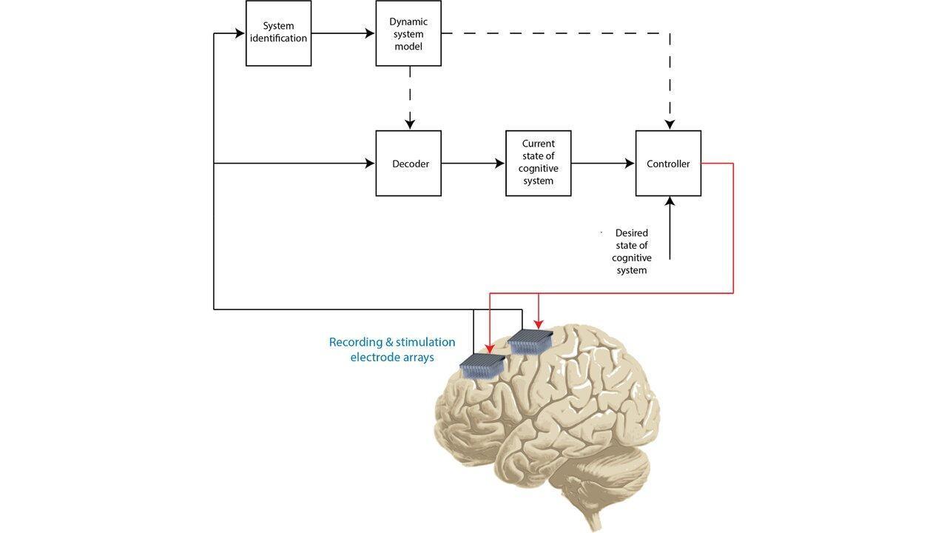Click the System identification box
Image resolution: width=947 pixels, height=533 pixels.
(278, 33)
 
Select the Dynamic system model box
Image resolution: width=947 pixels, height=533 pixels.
(408, 33)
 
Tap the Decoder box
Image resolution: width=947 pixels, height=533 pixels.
(408, 164)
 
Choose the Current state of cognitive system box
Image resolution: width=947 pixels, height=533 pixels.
(538, 164)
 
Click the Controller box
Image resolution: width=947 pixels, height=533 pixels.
(668, 164)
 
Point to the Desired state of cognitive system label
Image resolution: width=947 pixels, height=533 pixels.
(632, 252)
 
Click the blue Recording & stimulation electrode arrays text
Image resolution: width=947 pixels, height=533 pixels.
(392, 349)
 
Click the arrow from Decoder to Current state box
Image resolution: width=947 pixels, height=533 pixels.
(473, 164)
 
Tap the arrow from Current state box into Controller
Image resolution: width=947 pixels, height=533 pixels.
(603, 164)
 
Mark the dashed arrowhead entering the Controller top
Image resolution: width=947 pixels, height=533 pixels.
(670, 124)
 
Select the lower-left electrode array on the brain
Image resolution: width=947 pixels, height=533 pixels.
(482, 366)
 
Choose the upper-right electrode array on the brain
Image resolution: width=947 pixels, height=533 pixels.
(530, 341)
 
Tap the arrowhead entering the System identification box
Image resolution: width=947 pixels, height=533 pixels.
(239, 33)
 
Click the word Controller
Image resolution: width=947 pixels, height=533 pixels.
(668, 164)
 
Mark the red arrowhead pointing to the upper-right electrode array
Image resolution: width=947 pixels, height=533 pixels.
(539, 324)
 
